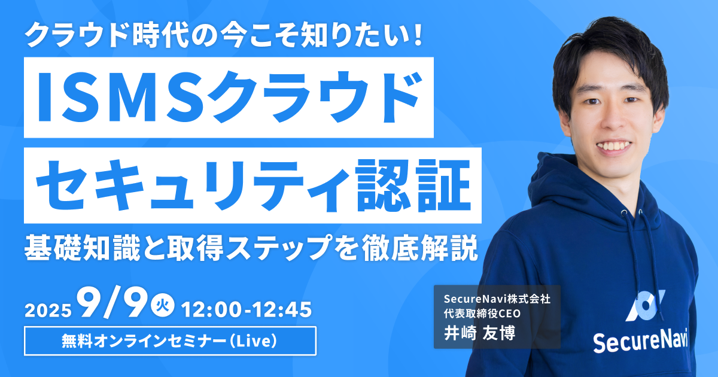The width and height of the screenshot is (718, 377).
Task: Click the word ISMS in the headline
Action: coord(121,97)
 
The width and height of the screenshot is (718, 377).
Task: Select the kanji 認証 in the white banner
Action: coord(413,186)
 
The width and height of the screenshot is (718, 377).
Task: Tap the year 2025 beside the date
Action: coord(48,311)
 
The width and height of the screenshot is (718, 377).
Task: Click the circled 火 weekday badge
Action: coord(163,305)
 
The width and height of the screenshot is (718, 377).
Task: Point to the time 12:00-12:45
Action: coord(247,309)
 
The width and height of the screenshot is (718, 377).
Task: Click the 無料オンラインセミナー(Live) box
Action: coord(170,340)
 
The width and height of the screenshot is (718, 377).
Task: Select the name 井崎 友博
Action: coord(479,333)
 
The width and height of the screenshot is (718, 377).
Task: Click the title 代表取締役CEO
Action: coord(482,313)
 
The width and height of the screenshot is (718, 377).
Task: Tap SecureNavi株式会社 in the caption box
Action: coord(497,299)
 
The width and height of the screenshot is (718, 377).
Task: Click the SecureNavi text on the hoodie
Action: coord(640,340)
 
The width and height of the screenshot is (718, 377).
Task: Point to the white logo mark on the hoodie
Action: coord(645,305)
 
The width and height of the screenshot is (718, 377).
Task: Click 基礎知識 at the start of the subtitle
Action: coord(83,248)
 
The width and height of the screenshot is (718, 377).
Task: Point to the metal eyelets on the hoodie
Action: coord(631,212)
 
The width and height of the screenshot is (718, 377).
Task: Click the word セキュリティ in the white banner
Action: coord(193,186)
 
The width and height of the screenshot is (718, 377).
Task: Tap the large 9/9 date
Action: coord(114,303)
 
